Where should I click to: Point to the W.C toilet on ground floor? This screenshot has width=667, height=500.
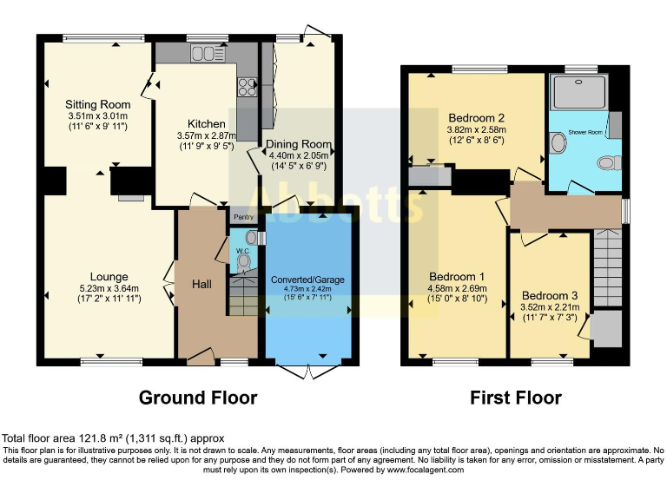pos(244,260)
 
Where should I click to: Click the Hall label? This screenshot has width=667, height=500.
pos(201,284)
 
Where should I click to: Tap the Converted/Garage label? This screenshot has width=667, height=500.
pos(307,280)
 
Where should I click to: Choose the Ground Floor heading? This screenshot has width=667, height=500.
pos(198,398)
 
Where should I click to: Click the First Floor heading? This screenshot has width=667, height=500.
pos(516,398)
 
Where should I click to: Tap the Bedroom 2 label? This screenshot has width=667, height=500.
pos(477,117)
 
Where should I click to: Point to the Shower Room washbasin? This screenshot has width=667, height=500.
pos(558,142)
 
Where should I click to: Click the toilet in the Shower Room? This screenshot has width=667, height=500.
pos(611,161)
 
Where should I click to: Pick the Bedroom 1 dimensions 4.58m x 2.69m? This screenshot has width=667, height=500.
pos(457,294)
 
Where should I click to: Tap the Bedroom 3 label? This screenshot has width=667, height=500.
pos(550,294)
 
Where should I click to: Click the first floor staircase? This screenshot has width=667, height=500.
pos(607,260)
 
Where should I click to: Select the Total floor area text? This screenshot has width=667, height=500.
pos(113,438)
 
